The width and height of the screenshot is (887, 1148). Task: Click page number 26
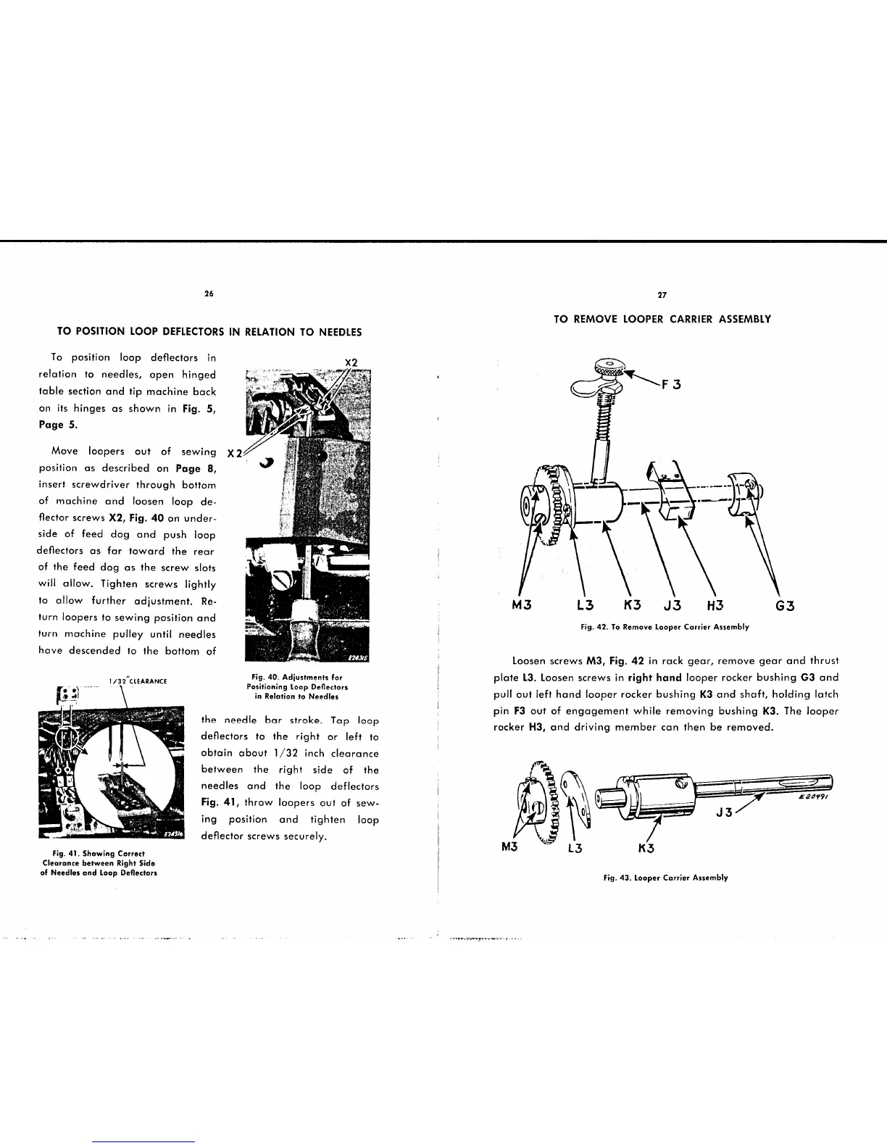click(209, 294)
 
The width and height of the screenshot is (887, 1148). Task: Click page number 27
click(662, 295)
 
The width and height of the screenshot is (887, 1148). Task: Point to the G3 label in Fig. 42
click(786, 606)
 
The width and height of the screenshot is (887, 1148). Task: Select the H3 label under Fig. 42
click(717, 606)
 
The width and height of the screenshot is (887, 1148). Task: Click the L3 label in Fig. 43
click(575, 848)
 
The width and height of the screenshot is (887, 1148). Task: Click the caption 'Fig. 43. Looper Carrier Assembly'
click(665, 878)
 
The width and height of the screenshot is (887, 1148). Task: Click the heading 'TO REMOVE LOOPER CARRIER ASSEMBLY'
click(662, 319)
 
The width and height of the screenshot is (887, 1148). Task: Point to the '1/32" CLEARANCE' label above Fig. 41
click(137, 681)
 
